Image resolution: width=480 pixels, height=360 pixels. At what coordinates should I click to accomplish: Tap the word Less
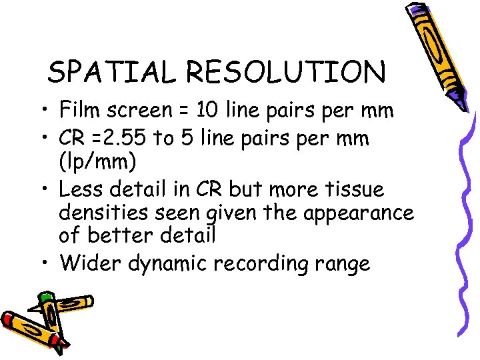point(80,190)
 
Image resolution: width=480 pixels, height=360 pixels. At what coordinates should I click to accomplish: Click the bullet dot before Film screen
point(47,109)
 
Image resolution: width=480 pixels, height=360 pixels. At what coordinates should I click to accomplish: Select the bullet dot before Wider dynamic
point(47,265)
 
